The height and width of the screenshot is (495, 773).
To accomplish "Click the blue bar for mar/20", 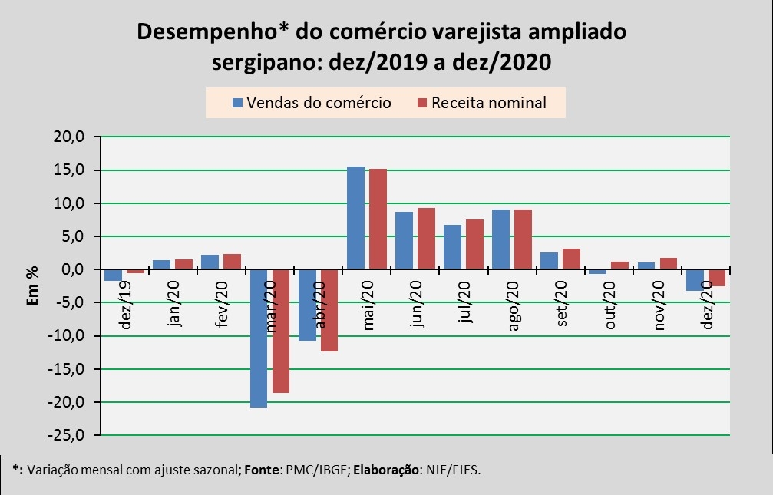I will click(258, 338).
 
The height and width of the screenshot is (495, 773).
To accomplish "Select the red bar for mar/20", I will click(281, 331).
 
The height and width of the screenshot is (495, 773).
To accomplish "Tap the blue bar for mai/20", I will click(355, 218).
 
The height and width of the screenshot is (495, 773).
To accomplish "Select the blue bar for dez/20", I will click(694, 280).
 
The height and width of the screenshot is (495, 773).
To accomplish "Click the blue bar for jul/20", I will click(452, 247).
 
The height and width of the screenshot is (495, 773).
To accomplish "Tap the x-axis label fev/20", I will click(223, 305).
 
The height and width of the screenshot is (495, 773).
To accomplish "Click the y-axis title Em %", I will click(33, 285).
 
